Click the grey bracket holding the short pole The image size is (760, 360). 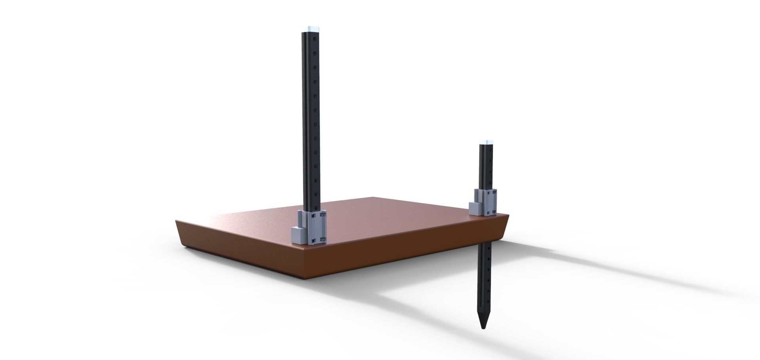coord(488,202)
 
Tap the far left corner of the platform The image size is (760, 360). coord(176,220)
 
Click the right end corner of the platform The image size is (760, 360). coord(508,216)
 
